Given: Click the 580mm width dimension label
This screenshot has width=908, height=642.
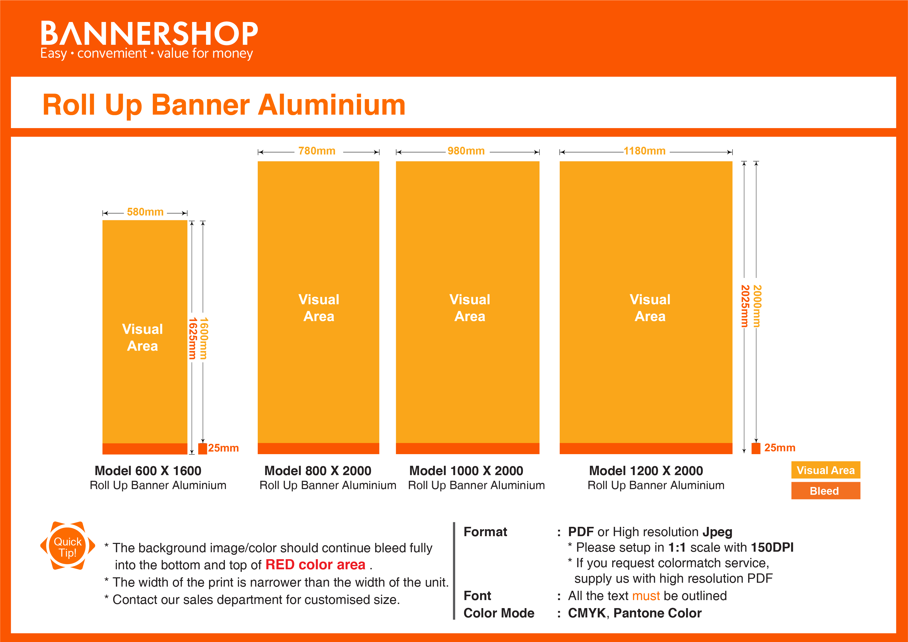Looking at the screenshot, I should tap(145, 212).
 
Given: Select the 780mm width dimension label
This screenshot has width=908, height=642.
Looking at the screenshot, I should tap(317, 151).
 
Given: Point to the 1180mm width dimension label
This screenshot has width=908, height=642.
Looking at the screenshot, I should tap(644, 151).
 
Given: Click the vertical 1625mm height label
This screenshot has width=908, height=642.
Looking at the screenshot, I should tap(192, 338).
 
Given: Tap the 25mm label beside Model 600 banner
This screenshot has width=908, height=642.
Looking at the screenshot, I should tap(223, 448).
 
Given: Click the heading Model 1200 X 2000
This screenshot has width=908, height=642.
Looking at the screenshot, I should tap(646, 471).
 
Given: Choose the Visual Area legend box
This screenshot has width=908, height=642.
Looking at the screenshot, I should tap(825, 470).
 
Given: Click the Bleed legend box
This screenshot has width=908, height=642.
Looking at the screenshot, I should tap(825, 491).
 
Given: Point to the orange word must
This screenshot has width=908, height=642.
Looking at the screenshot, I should tap(646, 596).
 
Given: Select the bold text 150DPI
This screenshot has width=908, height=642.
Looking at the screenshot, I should tap(772, 548).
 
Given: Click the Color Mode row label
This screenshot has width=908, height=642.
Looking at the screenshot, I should tap(499, 613).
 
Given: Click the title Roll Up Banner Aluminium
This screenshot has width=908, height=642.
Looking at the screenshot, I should tap(224, 105).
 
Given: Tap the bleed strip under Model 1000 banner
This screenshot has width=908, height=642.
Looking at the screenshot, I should tap(467, 448).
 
